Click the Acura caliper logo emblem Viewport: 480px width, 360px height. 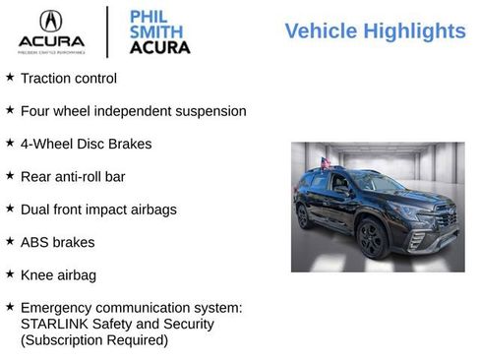pyautogui.click(x=50, y=22)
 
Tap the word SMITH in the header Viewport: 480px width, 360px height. pyautogui.click(x=153, y=30)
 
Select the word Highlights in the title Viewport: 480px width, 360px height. pyautogui.click(x=413, y=31)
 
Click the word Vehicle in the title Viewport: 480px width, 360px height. pyautogui.click(x=321, y=31)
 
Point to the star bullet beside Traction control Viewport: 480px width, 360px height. pyautogui.click(x=10, y=77)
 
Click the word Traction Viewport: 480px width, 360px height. pyautogui.click(x=46, y=78)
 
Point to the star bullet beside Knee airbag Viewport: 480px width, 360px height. pyautogui.click(x=10, y=274)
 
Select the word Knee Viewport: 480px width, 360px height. pyautogui.click(x=37, y=275)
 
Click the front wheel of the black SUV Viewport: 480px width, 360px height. pyautogui.click(x=372, y=238)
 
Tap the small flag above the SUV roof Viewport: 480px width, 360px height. pyautogui.click(x=326, y=162)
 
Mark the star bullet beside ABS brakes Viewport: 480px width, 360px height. pyautogui.click(x=10, y=241)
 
